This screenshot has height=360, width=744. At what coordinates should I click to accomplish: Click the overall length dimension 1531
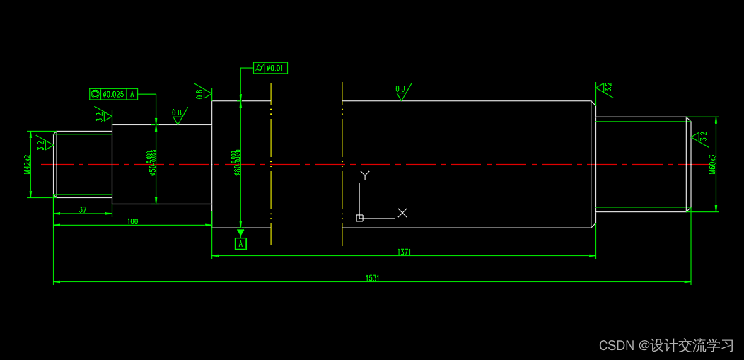(x=373, y=278)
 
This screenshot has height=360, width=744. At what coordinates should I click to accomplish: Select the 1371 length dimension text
(x=404, y=252)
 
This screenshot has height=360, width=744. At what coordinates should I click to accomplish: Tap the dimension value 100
(x=132, y=221)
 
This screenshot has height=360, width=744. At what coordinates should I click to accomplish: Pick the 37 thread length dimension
(x=83, y=210)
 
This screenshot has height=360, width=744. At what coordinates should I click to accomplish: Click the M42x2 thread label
(x=27, y=164)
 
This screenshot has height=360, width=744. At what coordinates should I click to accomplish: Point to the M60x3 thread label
(x=712, y=164)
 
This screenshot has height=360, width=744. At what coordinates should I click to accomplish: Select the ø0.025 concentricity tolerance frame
(x=113, y=94)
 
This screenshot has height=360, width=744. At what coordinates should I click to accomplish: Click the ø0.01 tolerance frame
(x=271, y=68)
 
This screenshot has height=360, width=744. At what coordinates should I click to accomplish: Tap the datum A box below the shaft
(x=240, y=244)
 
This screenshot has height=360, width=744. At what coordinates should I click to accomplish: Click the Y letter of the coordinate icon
(x=365, y=175)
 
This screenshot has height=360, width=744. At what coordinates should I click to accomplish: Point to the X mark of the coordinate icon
(x=402, y=212)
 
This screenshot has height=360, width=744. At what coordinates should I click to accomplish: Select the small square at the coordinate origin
(x=359, y=218)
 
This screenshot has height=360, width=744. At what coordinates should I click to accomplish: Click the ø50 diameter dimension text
(x=151, y=163)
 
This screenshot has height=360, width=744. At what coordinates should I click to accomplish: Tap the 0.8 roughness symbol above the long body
(x=402, y=91)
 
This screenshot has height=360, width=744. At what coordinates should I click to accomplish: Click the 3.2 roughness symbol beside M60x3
(x=701, y=137)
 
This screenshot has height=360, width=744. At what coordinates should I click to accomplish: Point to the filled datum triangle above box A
(x=240, y=233)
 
